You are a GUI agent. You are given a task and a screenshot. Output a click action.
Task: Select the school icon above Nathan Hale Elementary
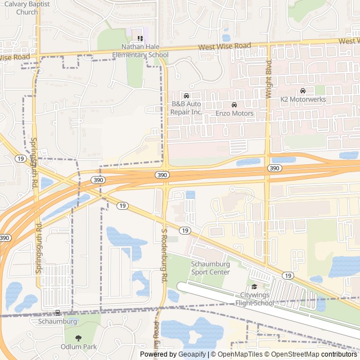[140, 38]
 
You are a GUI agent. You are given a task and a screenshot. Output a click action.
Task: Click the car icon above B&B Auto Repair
[186, 96]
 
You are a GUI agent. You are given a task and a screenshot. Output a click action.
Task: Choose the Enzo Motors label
[235, 113]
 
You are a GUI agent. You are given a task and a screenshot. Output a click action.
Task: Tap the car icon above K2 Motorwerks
[303, 91]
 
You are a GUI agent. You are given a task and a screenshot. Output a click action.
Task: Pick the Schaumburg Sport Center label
[210, 268]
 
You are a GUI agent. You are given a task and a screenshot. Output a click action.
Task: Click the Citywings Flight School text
[257, 299]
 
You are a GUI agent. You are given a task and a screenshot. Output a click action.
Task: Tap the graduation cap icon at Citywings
[254, 287]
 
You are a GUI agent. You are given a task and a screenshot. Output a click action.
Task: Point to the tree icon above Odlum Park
[78, 337]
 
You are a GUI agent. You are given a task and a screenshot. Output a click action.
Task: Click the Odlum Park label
[79, 347]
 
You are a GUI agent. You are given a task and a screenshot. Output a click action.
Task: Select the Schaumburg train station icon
[57, 312]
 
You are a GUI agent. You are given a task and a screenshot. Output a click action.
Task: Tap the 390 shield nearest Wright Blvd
[274, 168]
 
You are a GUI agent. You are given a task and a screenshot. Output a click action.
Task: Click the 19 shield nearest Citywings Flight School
[288, 275]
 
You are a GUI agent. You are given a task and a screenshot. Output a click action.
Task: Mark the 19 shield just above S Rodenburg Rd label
[184, 231]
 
